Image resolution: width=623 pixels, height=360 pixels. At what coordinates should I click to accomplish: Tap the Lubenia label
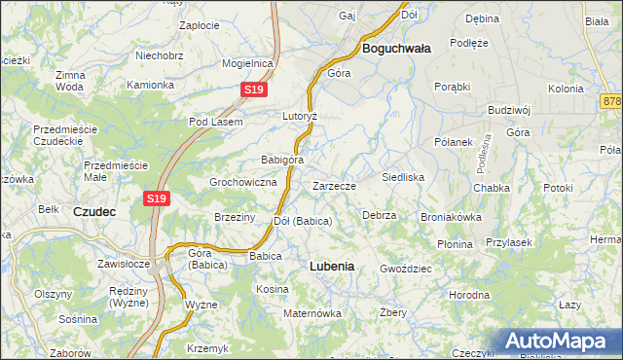331,266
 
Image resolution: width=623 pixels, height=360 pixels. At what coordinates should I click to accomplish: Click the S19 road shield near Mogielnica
253,90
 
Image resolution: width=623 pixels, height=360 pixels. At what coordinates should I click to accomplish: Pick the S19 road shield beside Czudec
158,198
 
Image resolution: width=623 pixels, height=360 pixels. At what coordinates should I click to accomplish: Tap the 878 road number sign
612,101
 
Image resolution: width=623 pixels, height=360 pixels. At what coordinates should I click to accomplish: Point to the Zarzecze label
334,186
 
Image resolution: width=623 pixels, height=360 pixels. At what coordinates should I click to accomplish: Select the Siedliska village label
402,178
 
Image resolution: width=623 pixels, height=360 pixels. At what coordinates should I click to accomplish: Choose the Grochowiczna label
244,182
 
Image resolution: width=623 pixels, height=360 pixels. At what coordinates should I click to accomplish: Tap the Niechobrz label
161,56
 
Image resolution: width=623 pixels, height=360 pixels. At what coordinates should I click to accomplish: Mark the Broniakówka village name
451,217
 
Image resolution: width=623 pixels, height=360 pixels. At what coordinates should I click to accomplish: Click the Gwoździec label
405,267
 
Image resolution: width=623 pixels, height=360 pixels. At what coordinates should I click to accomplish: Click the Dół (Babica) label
303,221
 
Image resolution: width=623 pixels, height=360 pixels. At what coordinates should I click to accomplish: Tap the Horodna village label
469,293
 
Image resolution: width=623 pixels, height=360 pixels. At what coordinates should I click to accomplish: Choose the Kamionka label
150,85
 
